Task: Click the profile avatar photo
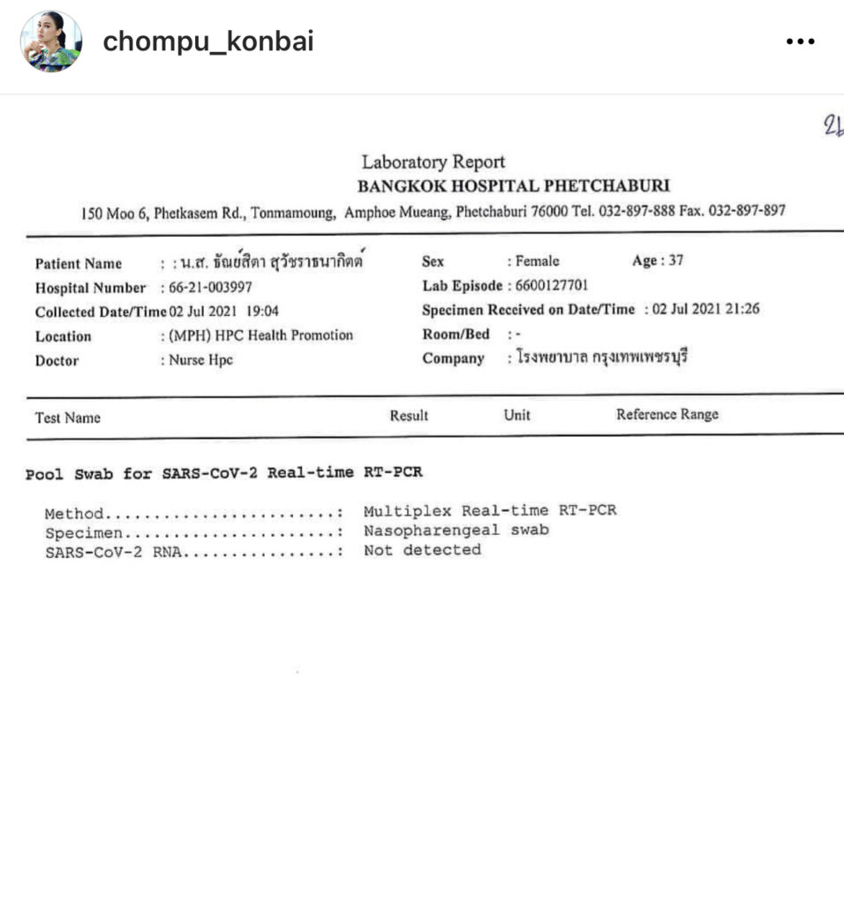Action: tap(51, 41)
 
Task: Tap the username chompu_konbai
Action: tap(208, 41)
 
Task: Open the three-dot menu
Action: tap(800, 41)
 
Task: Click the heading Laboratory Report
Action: tap(433, 162)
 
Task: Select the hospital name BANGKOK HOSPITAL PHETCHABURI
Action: tap(513, 186)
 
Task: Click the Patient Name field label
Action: tap(79, 264)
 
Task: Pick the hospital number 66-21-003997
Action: tap(211, 288)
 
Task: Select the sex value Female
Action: tap(538, 261)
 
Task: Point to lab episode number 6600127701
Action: tap(552, 285)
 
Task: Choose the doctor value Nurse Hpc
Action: tap(201, 360)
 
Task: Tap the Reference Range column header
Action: tap(667, 414)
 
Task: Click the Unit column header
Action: tap(516, 415)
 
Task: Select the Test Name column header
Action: tap(68, 418)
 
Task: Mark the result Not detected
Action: tap(422, 550)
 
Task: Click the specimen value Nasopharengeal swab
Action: tap(456, 531)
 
